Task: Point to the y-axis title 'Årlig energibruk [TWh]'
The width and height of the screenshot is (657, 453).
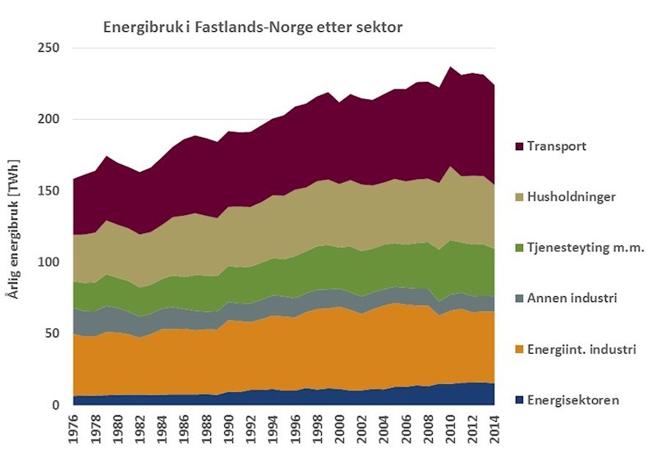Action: tap(14, 225)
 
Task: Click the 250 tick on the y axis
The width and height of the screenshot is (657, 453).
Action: tap(51, 48)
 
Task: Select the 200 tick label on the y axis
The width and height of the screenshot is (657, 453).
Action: tap(51, 119)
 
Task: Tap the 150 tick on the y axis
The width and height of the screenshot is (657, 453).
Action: tap(51, 190)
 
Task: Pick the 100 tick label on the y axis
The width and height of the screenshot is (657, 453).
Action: tap(51, 262)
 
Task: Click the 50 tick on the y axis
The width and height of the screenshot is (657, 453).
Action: tap(54, 333)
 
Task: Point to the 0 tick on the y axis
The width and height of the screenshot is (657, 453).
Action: tap(57, 405)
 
